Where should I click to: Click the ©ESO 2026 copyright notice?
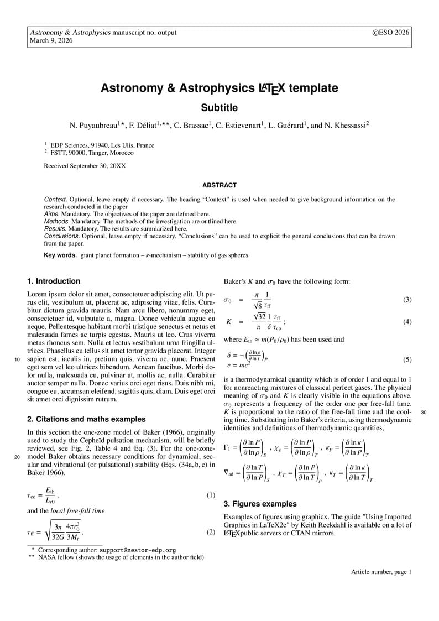pos(391,32)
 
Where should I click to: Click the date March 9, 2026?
pos(51,40)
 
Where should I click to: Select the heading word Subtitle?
pos(219,107)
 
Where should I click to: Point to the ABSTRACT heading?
pos(219,185)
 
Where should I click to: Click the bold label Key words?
pos(60,255)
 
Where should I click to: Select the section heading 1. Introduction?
pos(54,281)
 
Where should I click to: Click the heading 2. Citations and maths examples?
pos(86,419)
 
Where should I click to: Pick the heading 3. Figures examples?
pos(260,504)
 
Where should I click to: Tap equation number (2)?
pos(210,533)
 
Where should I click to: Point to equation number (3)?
pos(407,300)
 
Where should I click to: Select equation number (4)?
pos(407,322)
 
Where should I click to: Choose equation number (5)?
pos(407,359)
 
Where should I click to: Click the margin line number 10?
pos(17,359)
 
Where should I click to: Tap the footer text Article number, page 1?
pos(381,572)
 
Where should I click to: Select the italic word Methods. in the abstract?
pos(57,221)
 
